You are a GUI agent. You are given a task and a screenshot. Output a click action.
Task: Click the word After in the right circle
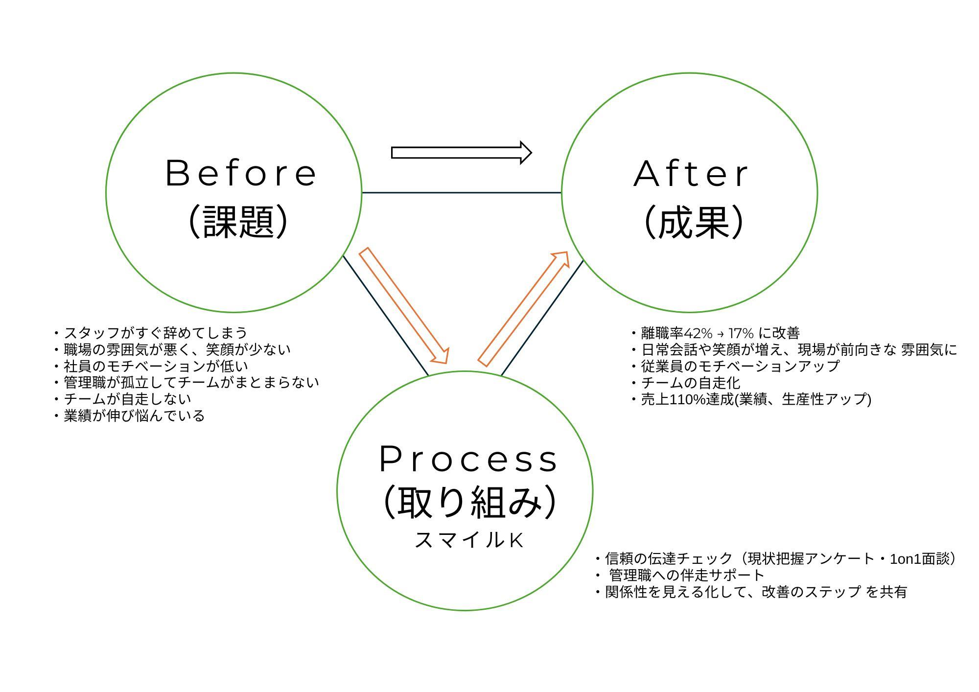pos(691,174)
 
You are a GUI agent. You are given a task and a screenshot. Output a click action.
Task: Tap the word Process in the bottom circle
pos(468,460)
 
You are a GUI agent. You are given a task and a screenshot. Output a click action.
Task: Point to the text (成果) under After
pos(694,222)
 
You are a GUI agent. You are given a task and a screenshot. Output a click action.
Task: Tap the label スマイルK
pos(469,540)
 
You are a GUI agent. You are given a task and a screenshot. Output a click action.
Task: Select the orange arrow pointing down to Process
pos(404,306)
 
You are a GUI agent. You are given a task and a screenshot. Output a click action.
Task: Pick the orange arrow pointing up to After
pos(523,309)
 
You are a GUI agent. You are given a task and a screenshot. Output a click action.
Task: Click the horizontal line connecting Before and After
pos(461,193)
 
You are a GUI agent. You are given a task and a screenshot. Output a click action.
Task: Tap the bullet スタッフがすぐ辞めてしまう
pos(156,333)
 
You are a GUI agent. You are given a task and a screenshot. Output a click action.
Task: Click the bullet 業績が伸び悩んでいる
pos(134,416)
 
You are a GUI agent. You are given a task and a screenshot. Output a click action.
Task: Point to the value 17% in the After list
pos(741,333)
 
